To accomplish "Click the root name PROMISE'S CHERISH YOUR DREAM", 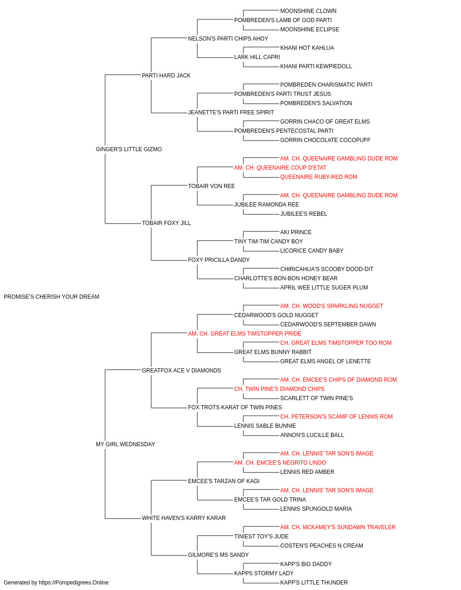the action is pyautogui.click(x=51, y=297).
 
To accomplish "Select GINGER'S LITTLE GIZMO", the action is pyautogui.click(x=129, y=149).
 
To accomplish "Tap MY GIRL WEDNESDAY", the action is pyautogui.click(x=125, y=444).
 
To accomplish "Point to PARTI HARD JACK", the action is pyautogui.click(x=166, y=76).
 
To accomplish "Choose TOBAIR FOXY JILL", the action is pyautogui.click(x=166, y=223).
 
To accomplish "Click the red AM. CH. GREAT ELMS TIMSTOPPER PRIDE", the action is pyautogui.click(x=245, y=334).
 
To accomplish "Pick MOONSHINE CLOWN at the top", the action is pyautogui.click(x=308, y=11).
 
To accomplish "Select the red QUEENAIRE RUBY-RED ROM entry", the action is pyautogui.click(x=319, y=177).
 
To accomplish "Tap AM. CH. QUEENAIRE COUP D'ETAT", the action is pyautogui.click(x=280, y=168).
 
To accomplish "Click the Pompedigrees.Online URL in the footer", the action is pyautogui.click(x=74, y=583).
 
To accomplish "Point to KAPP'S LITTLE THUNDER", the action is pyautogui.click(x=314, y=583).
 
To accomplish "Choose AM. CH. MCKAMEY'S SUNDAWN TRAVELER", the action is pyautogui.click(x=338, y=527).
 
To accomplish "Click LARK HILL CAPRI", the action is pyautogui.click(x=257, y=57).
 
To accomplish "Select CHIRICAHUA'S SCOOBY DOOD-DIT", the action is pyautogui.click(x=326, y=269).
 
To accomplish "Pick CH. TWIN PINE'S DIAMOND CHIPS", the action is pyautogui.click(x=279, y=389).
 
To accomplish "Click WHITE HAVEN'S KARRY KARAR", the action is pyautogui.click(x=184, y=518).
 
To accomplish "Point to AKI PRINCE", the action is pyautogui.click(x=296, y=232).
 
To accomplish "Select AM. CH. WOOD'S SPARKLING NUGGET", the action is pyautogui.click(x=331, y=306).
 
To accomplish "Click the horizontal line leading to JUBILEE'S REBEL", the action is pyautogui.click(x=261, y=214).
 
